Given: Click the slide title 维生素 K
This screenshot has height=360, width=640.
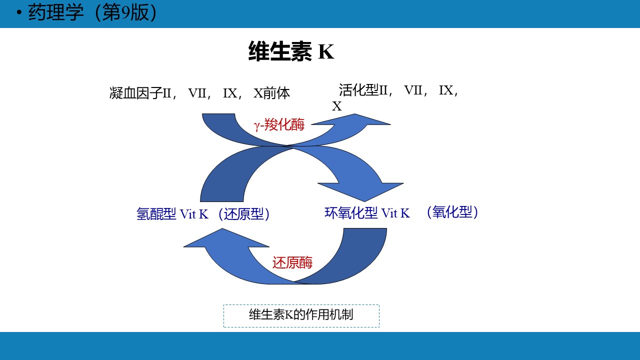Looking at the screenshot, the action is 291,51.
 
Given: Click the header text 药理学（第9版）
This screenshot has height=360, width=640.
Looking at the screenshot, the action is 93,13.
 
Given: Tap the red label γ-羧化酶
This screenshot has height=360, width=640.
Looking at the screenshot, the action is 279,125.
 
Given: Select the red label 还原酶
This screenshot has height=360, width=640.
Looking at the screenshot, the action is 292,262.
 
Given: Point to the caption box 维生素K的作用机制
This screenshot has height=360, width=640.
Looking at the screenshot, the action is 301,315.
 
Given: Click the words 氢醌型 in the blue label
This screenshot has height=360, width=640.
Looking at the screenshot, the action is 156,213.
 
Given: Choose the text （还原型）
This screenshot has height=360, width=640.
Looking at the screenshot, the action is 243,213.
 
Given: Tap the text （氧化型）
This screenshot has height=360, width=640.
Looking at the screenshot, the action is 452,212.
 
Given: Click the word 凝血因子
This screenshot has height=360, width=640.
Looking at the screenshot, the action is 135,93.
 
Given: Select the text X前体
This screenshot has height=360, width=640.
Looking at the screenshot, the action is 271,93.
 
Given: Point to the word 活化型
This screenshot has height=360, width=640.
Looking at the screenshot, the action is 358,90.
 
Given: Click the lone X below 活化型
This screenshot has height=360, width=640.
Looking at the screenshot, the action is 336,106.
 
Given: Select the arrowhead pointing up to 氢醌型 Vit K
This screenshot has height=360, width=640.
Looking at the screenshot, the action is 225,237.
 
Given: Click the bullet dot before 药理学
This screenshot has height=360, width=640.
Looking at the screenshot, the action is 19,12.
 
